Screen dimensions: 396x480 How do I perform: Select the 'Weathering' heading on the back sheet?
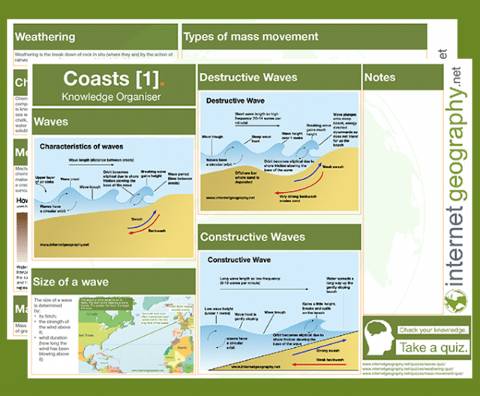pos(45,37)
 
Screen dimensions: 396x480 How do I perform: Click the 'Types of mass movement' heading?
pos(251,36)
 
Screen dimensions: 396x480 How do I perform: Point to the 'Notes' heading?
pos(379,77)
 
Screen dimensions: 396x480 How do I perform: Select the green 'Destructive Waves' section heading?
pos(248,77)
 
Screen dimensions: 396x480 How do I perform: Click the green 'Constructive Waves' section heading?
pos(253,237)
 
